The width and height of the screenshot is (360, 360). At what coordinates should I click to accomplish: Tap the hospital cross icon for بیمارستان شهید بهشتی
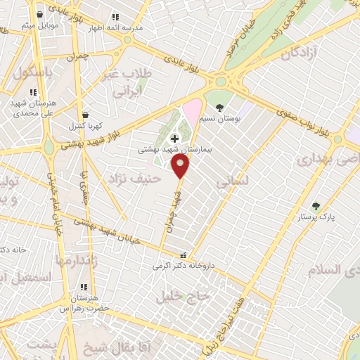pos(174,139)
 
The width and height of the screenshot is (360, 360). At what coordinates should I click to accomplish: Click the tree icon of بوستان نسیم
pos(220,108)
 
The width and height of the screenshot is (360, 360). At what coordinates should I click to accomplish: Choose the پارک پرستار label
pos(320,217)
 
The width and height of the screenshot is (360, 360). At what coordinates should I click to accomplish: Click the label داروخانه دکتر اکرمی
pos(184,267)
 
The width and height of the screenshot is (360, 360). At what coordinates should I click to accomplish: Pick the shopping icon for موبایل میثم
pos(39,15)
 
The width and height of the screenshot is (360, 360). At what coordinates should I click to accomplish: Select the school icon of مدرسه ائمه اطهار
pos(115,17)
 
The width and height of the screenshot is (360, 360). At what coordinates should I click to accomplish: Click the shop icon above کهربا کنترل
pos(85,115)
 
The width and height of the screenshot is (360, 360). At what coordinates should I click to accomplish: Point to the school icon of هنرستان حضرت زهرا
pos(84,287)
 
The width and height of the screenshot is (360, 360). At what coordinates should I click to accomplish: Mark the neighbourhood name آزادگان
pos(300,54)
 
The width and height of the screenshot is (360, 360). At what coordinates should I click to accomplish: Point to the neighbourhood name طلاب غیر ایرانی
pos(124,83)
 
